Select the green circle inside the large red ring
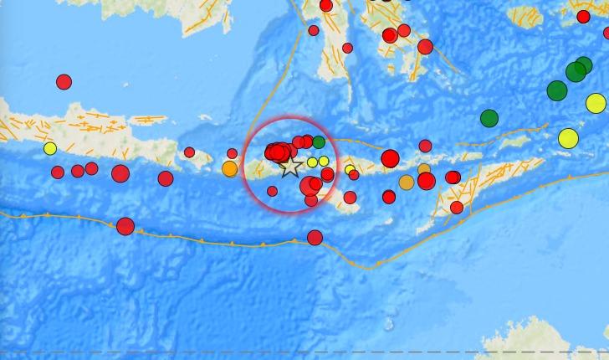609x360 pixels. point(319,142)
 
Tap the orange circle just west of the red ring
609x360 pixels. point(230,168)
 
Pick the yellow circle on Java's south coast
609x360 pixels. point(50,149)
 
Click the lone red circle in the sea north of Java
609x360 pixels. point(64,81)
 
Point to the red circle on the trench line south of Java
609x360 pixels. point(125,225)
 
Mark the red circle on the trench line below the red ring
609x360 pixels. point(315,238)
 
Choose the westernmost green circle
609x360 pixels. point(489,118)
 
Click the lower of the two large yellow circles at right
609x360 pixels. point(569,138)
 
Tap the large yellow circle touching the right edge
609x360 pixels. point(596,103)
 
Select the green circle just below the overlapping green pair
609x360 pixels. point(557,90)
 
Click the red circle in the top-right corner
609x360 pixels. point(583,16)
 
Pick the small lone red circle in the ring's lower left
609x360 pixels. point(272,191)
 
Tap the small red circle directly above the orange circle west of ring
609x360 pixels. point(232,153)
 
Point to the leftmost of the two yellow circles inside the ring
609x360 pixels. point(312,162)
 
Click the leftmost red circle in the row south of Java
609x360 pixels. point(58,172)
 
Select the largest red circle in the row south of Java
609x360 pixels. point(120,173)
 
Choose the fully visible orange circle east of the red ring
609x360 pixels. point(407,183)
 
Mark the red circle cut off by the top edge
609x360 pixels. point(326,5)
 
